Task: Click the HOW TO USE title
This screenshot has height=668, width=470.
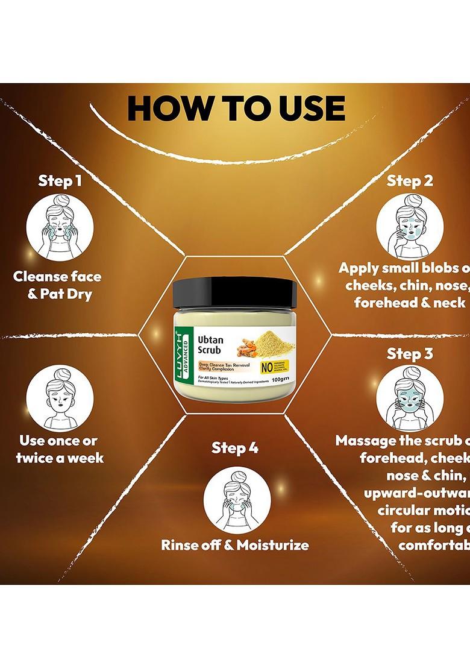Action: (236, 109)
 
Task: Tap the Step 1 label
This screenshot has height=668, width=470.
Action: (60, 181)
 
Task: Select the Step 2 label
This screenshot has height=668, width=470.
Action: (410, 181)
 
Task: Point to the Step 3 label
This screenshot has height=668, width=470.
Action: (410, 353)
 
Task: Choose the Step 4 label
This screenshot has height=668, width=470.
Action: (234, 448)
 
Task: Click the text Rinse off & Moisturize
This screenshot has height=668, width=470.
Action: (234, 545)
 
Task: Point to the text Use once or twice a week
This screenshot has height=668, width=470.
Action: (58, 449)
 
